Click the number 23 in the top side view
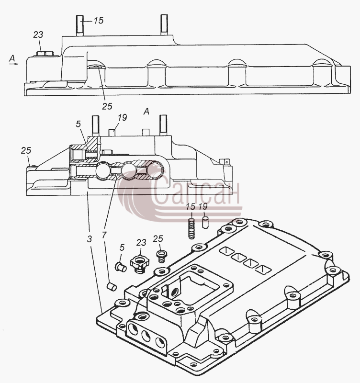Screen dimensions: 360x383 tap(38, 34)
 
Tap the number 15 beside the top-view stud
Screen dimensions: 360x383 tap(99, 20)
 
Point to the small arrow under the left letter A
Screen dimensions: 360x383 tap(14, 64)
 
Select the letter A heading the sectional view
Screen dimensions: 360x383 tap(146, 112)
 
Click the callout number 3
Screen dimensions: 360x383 tap(90, 239)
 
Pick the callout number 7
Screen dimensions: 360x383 tap(104, 235)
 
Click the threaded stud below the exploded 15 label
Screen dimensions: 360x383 tap(191, 229)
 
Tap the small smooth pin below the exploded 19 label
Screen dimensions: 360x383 tap(205, 223)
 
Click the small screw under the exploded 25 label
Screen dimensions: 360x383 tap(161, 256)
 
